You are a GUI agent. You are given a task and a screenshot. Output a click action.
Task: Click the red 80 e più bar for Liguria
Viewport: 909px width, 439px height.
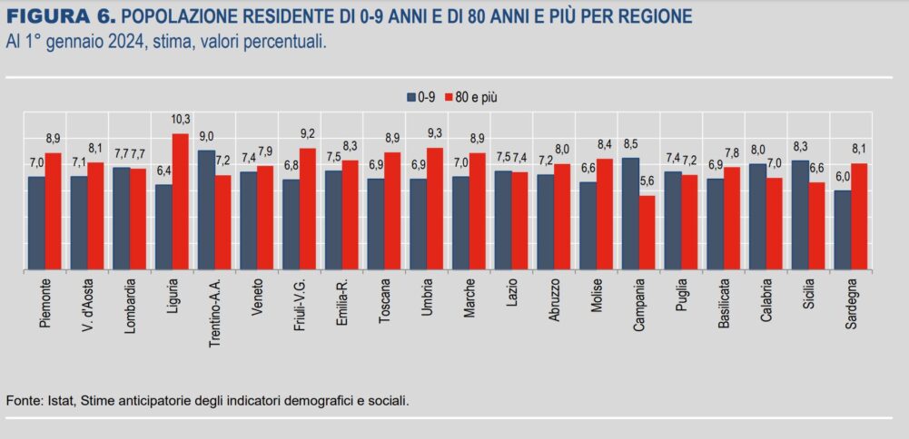[182, 201]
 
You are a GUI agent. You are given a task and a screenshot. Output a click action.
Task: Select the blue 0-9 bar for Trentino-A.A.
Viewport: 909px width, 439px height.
[206, 210]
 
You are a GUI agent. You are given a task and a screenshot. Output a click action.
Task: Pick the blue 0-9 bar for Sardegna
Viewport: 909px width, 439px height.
[842, 229]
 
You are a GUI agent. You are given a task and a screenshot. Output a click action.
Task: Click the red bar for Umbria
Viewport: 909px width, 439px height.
[436, 209]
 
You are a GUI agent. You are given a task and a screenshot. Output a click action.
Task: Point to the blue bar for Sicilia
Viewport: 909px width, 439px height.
[800, 215]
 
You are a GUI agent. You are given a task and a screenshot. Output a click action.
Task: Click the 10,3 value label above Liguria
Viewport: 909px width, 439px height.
[181, 120]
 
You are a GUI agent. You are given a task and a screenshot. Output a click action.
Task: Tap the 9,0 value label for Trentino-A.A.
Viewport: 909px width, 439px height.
[206, 136]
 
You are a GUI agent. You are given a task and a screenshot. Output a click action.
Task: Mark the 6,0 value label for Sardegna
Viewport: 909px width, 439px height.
[842, 177]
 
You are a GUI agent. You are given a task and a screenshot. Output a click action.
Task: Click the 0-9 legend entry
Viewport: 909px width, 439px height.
[419, 96]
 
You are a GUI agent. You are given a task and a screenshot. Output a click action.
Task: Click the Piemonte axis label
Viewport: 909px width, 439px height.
[44, 305]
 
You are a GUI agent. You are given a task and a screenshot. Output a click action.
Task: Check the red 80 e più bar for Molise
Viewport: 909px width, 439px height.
[605, 214]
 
